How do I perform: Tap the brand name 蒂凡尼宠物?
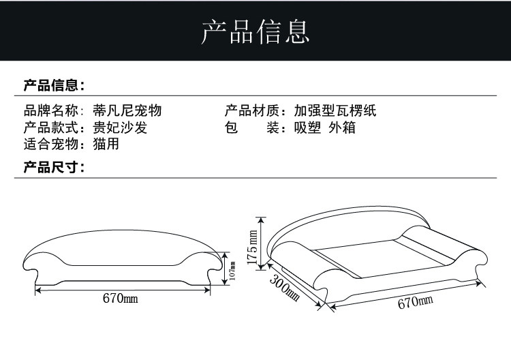127,111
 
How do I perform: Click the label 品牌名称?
51,111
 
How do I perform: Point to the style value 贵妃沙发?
120,127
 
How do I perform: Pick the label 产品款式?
51,127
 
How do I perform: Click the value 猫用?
106,144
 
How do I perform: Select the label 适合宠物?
51,144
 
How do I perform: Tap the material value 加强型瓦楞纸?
335,111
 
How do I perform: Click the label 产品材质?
252,111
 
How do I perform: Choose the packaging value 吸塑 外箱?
324,127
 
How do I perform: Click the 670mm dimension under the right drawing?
415,302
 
